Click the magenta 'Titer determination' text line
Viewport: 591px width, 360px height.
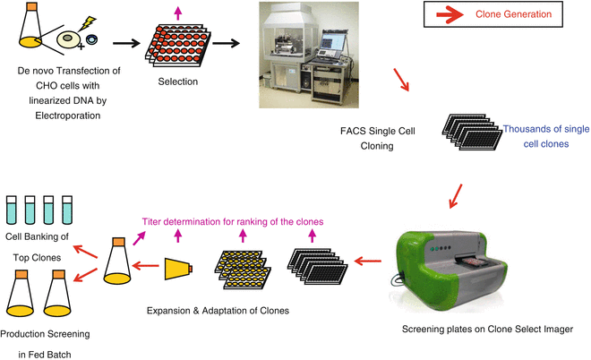234,221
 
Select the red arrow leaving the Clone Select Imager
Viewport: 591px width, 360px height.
366,262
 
